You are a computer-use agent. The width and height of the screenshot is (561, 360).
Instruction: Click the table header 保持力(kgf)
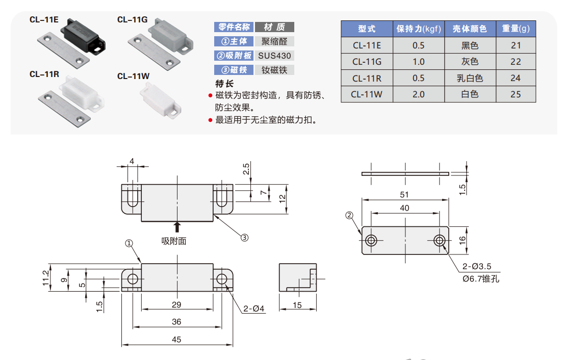(x=418, y=29)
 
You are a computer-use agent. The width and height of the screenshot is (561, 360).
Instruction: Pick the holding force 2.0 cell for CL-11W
(x=418, y=94)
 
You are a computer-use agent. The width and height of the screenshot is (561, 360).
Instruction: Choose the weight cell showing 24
(x=516, y=78)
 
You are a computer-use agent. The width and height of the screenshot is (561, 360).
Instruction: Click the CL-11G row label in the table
(x=367, y=62)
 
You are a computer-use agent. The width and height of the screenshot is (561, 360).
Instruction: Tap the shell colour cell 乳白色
(x=470, y=78)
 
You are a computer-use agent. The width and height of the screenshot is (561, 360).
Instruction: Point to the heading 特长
(x=224, y=83)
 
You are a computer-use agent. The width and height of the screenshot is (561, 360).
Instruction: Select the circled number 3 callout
(x=244, y=237)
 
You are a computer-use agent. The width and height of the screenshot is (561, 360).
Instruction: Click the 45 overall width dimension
(x=176, y=339)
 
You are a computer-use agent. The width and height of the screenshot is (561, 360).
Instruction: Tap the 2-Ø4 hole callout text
(x=254, y=308)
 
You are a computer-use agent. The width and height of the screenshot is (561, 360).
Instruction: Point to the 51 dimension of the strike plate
(x=405, y=194)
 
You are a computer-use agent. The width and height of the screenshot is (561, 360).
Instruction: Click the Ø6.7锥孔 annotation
(x=480, y=279)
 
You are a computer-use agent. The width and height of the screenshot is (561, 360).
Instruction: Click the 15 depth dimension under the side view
(x=298, y=305)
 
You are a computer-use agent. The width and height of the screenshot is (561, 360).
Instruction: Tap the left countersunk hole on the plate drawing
(x=371, y=240)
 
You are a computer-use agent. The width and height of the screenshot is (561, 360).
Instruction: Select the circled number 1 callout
(x=129, y=244)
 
